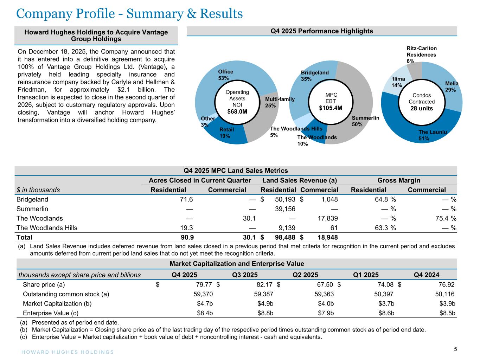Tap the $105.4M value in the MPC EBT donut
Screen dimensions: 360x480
[331, 108]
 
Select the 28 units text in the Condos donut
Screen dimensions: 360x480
[422, 108]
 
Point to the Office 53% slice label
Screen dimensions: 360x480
[225, 75]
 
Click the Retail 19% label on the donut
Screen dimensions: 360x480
[226, 133]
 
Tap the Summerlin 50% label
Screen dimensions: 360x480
[365, 121]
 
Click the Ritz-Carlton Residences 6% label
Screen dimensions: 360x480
[421, 54]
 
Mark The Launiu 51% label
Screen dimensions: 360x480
[432, 135]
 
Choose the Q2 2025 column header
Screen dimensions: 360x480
[305, 275]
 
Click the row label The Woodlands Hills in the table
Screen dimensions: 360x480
[47, 228]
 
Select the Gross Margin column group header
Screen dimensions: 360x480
[398, 180]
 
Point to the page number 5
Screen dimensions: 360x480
[455, 349]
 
